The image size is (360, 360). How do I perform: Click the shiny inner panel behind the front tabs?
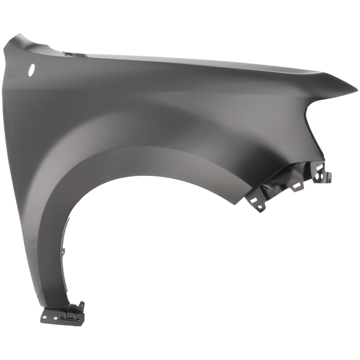click(x=282, y=180)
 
